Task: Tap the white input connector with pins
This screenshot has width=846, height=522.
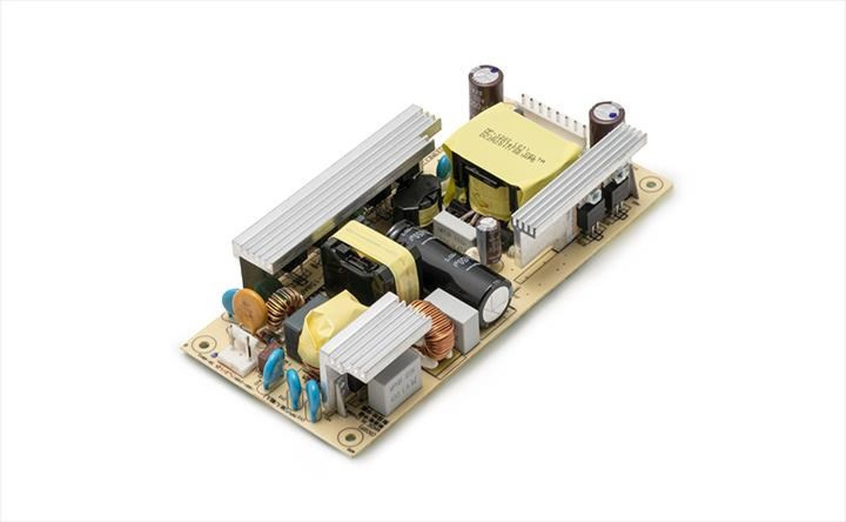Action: tap(238, 353)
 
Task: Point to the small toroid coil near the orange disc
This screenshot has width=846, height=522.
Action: tap(284, 307)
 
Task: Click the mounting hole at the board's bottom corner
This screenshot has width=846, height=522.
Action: tap(351, 437)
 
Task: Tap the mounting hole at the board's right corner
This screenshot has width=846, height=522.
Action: tap(650, 185)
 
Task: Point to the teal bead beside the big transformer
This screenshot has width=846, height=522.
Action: tap(445, 166)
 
